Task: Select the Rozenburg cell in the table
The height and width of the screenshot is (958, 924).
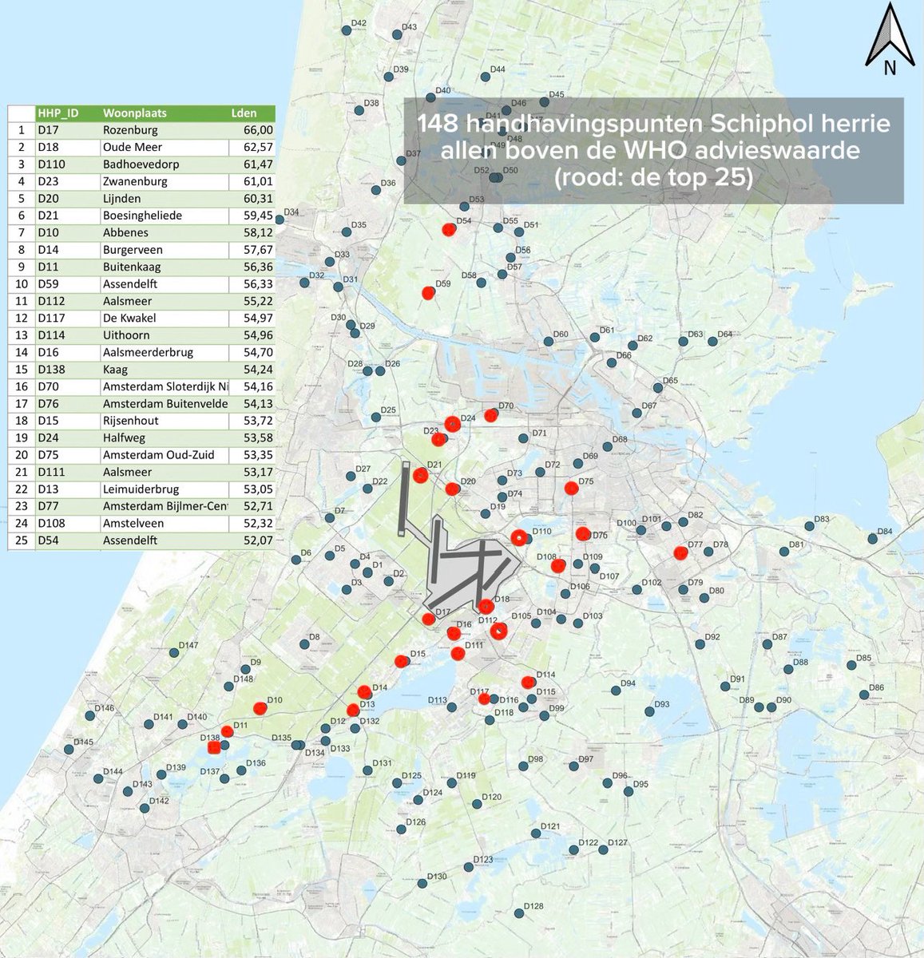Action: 130,130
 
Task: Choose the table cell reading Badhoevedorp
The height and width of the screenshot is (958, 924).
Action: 141,164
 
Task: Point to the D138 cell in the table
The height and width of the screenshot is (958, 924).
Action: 51,370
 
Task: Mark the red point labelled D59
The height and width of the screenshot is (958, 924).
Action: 429,293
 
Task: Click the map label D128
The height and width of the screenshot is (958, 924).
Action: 533,906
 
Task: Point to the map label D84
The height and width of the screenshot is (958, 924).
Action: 884,532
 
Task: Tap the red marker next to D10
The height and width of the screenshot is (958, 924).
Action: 260,708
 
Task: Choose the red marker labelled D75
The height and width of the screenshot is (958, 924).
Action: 571,489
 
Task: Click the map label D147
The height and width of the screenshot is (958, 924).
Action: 188,645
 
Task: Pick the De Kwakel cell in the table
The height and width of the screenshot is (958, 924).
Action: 129,319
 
